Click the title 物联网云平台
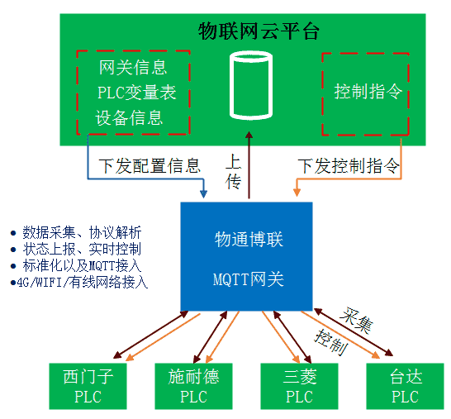point(259,32)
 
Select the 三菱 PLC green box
point(299,386)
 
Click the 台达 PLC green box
point(405,386)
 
